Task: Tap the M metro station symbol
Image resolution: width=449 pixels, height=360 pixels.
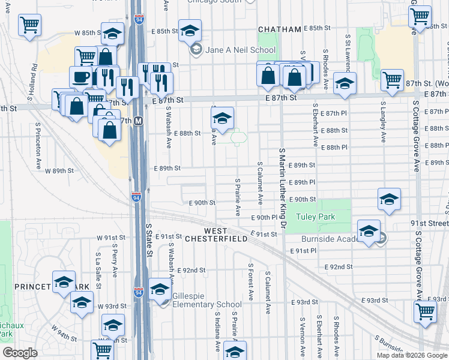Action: (x=139, y=121)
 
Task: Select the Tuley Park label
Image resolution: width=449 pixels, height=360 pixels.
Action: (x=315, y=217)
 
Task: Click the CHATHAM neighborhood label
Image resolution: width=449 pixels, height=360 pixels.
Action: (x=279, y=29)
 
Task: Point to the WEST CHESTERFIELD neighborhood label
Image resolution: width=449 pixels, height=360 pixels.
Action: (x=215, y=235)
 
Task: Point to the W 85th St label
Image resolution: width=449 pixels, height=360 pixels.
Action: (x=85, y=32)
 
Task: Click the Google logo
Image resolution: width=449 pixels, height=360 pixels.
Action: (x=20, y=353)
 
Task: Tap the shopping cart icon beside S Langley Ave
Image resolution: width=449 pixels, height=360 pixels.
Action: (x=392, y=80)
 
